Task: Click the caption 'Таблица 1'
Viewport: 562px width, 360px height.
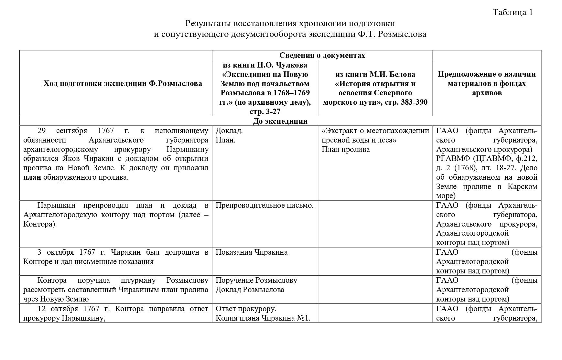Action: [512, 12]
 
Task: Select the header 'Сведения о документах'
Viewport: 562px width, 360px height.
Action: [322, 55]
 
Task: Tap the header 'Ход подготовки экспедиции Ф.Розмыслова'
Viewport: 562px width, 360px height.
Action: [123, 83]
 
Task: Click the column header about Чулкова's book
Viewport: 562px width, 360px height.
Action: [265, 88]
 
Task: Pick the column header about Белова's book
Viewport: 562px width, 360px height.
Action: [375, 88]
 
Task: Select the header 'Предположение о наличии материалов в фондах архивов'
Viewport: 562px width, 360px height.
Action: [486, 83]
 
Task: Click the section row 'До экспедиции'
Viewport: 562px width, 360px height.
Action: [280, 121]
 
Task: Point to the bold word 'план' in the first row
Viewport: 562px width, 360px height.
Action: [32, 177]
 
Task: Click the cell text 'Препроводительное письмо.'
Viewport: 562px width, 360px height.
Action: [265, 206]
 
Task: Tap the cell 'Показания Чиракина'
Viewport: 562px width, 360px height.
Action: [252, 252]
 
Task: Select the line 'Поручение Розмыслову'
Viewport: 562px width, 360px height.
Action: [256, 280]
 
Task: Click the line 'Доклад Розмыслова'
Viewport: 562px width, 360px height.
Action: [250, 290]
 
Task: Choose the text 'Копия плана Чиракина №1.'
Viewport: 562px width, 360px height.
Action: [263, 318]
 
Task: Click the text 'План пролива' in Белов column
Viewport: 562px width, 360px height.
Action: [346, 149]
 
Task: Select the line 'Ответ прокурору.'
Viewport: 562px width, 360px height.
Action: [246, 309]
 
